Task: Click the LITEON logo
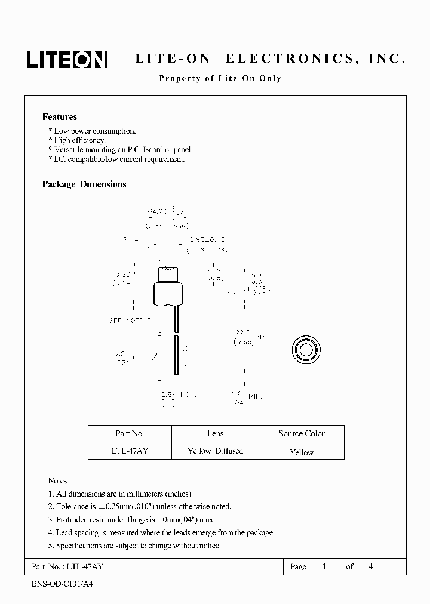point(66,59)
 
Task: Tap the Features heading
point(59,117)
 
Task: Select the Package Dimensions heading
point(84,184)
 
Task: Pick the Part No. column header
point(130,433)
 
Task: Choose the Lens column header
point(215,433)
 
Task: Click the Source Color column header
point(301,433)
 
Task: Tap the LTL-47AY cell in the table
point(130,451)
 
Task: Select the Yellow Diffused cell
point(215,451)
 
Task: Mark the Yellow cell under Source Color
point(301,452)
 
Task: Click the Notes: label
point(59,481)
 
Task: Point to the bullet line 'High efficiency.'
point(79,140)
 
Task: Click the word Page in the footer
point(299,566)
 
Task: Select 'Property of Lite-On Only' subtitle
point(220,78)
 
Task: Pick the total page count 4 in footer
point(371,566)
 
